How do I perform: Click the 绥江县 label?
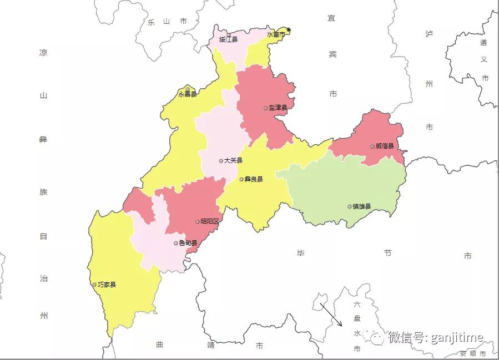pyautogui.click(x=228, y=39)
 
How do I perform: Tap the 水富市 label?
pyautogui.click(x=275, y=34)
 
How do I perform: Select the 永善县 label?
pyautogui.click(x=188, y=94)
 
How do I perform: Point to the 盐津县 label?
pyautogui.click(x=278, y=108)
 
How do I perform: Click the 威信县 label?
pyautogui.click(x=385, y=146)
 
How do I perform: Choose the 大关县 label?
pyautogui.click(x=233, y=161)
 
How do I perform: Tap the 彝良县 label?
pyautogui.click(x=254, y=179)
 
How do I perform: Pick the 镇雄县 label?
pyautogui.click(x=361, y=206)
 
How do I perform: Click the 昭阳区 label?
pyautogui.click(x=210, y=221)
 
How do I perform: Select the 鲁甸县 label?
pyautogui.click(x=188, y=243)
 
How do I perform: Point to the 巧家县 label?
pyautogui.click(x=107, y=285)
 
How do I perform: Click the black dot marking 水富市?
pyautogui.click(x=289, y=30)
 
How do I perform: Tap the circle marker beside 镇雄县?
pyautogui.click(x=350, y=206)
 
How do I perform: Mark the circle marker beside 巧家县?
pyautogui.click(x=94, y=285)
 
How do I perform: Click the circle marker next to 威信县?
pyautogui.click(x=372, y=146)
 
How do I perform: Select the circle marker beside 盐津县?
pyautogui.click(x=266, y=108)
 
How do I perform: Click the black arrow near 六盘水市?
pyautogui.click(x=332, y=316)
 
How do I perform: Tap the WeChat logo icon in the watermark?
pyautogui.click(x=377, y=337)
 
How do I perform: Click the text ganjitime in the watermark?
pyautogui.click(x=457, y=337)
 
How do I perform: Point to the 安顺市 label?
pyautogui.click(x=472, y=353)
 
